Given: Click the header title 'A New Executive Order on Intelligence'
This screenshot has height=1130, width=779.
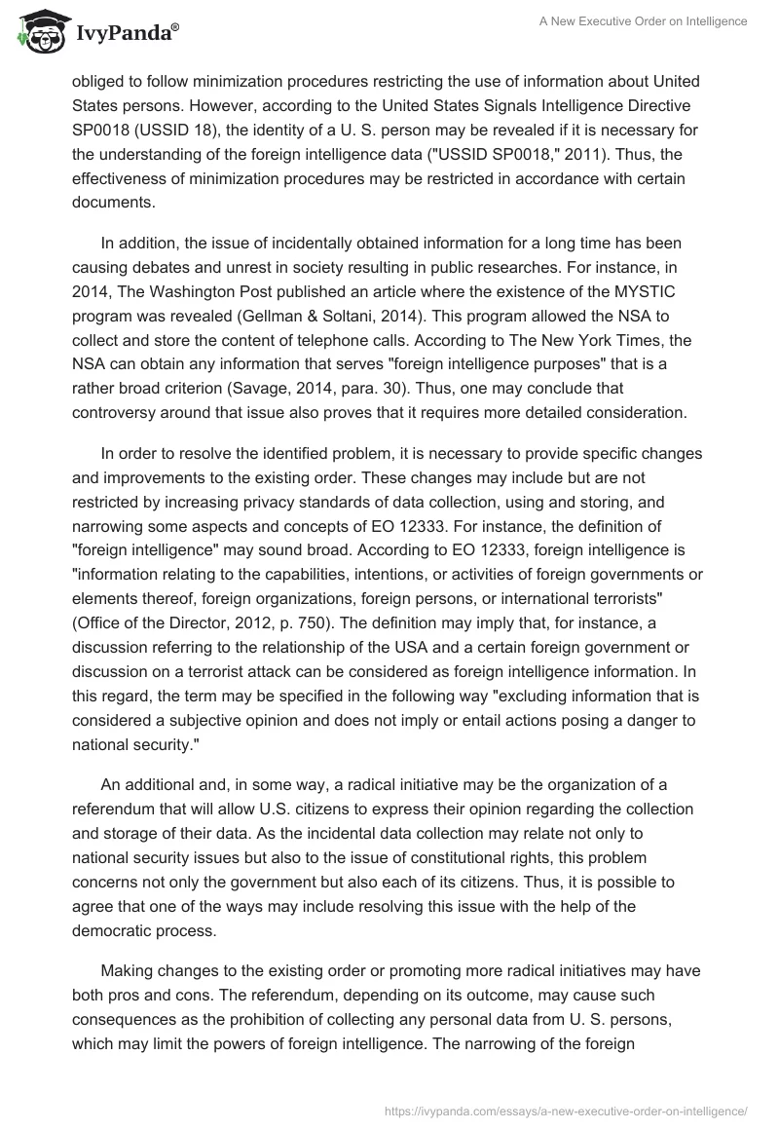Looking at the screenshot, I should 643,21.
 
